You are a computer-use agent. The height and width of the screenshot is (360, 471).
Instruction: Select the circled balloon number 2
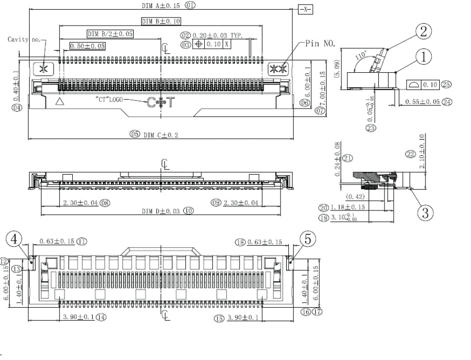pos(422,32)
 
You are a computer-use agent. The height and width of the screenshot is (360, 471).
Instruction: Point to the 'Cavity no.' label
pos(23,38)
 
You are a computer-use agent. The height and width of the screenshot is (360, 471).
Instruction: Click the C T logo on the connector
pos(160,103)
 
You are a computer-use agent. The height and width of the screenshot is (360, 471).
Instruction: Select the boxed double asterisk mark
pos(279,69)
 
